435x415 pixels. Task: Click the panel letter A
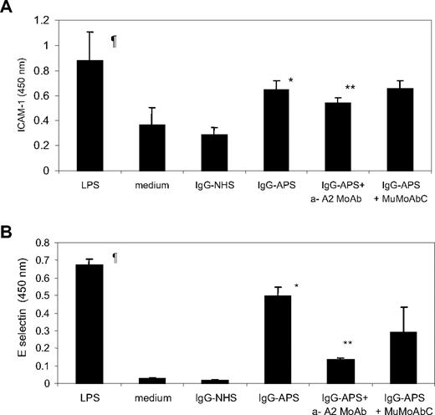tap(8, 8)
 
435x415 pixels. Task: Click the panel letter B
tap(8, 217)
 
